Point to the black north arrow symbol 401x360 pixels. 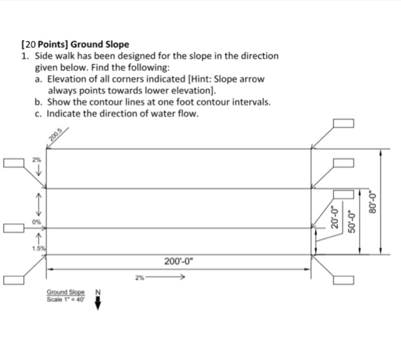pos(97,303)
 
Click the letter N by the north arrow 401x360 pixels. pos(97,292)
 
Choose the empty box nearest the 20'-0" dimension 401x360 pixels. pos(343,195)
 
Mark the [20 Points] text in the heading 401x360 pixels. pos(44,44)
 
